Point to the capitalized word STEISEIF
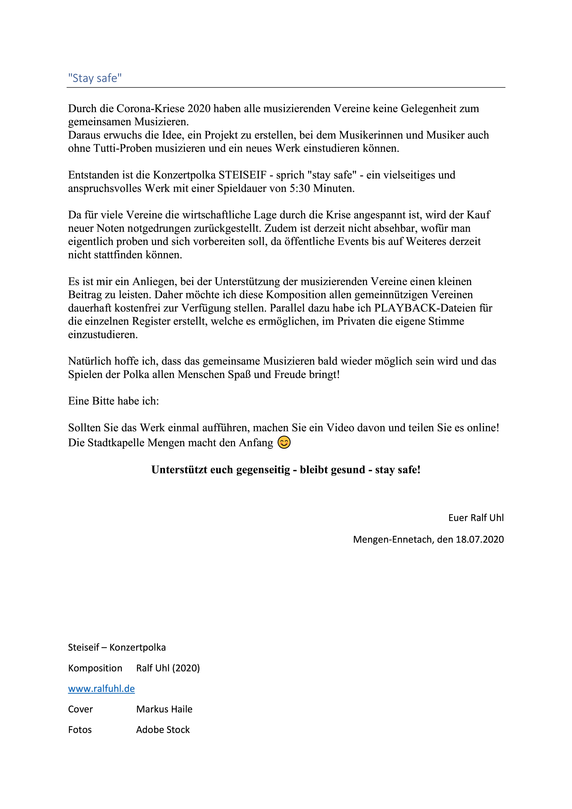[x=243, y=175]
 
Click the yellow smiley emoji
[x=284, y=442]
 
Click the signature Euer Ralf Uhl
[x=476, y=517]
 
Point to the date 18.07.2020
[x=480, y=539]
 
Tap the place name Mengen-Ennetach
[x=392, y=539]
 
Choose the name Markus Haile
[x=164, y=709]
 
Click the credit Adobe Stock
[x=163, y=729]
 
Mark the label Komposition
[x=95, y=668]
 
